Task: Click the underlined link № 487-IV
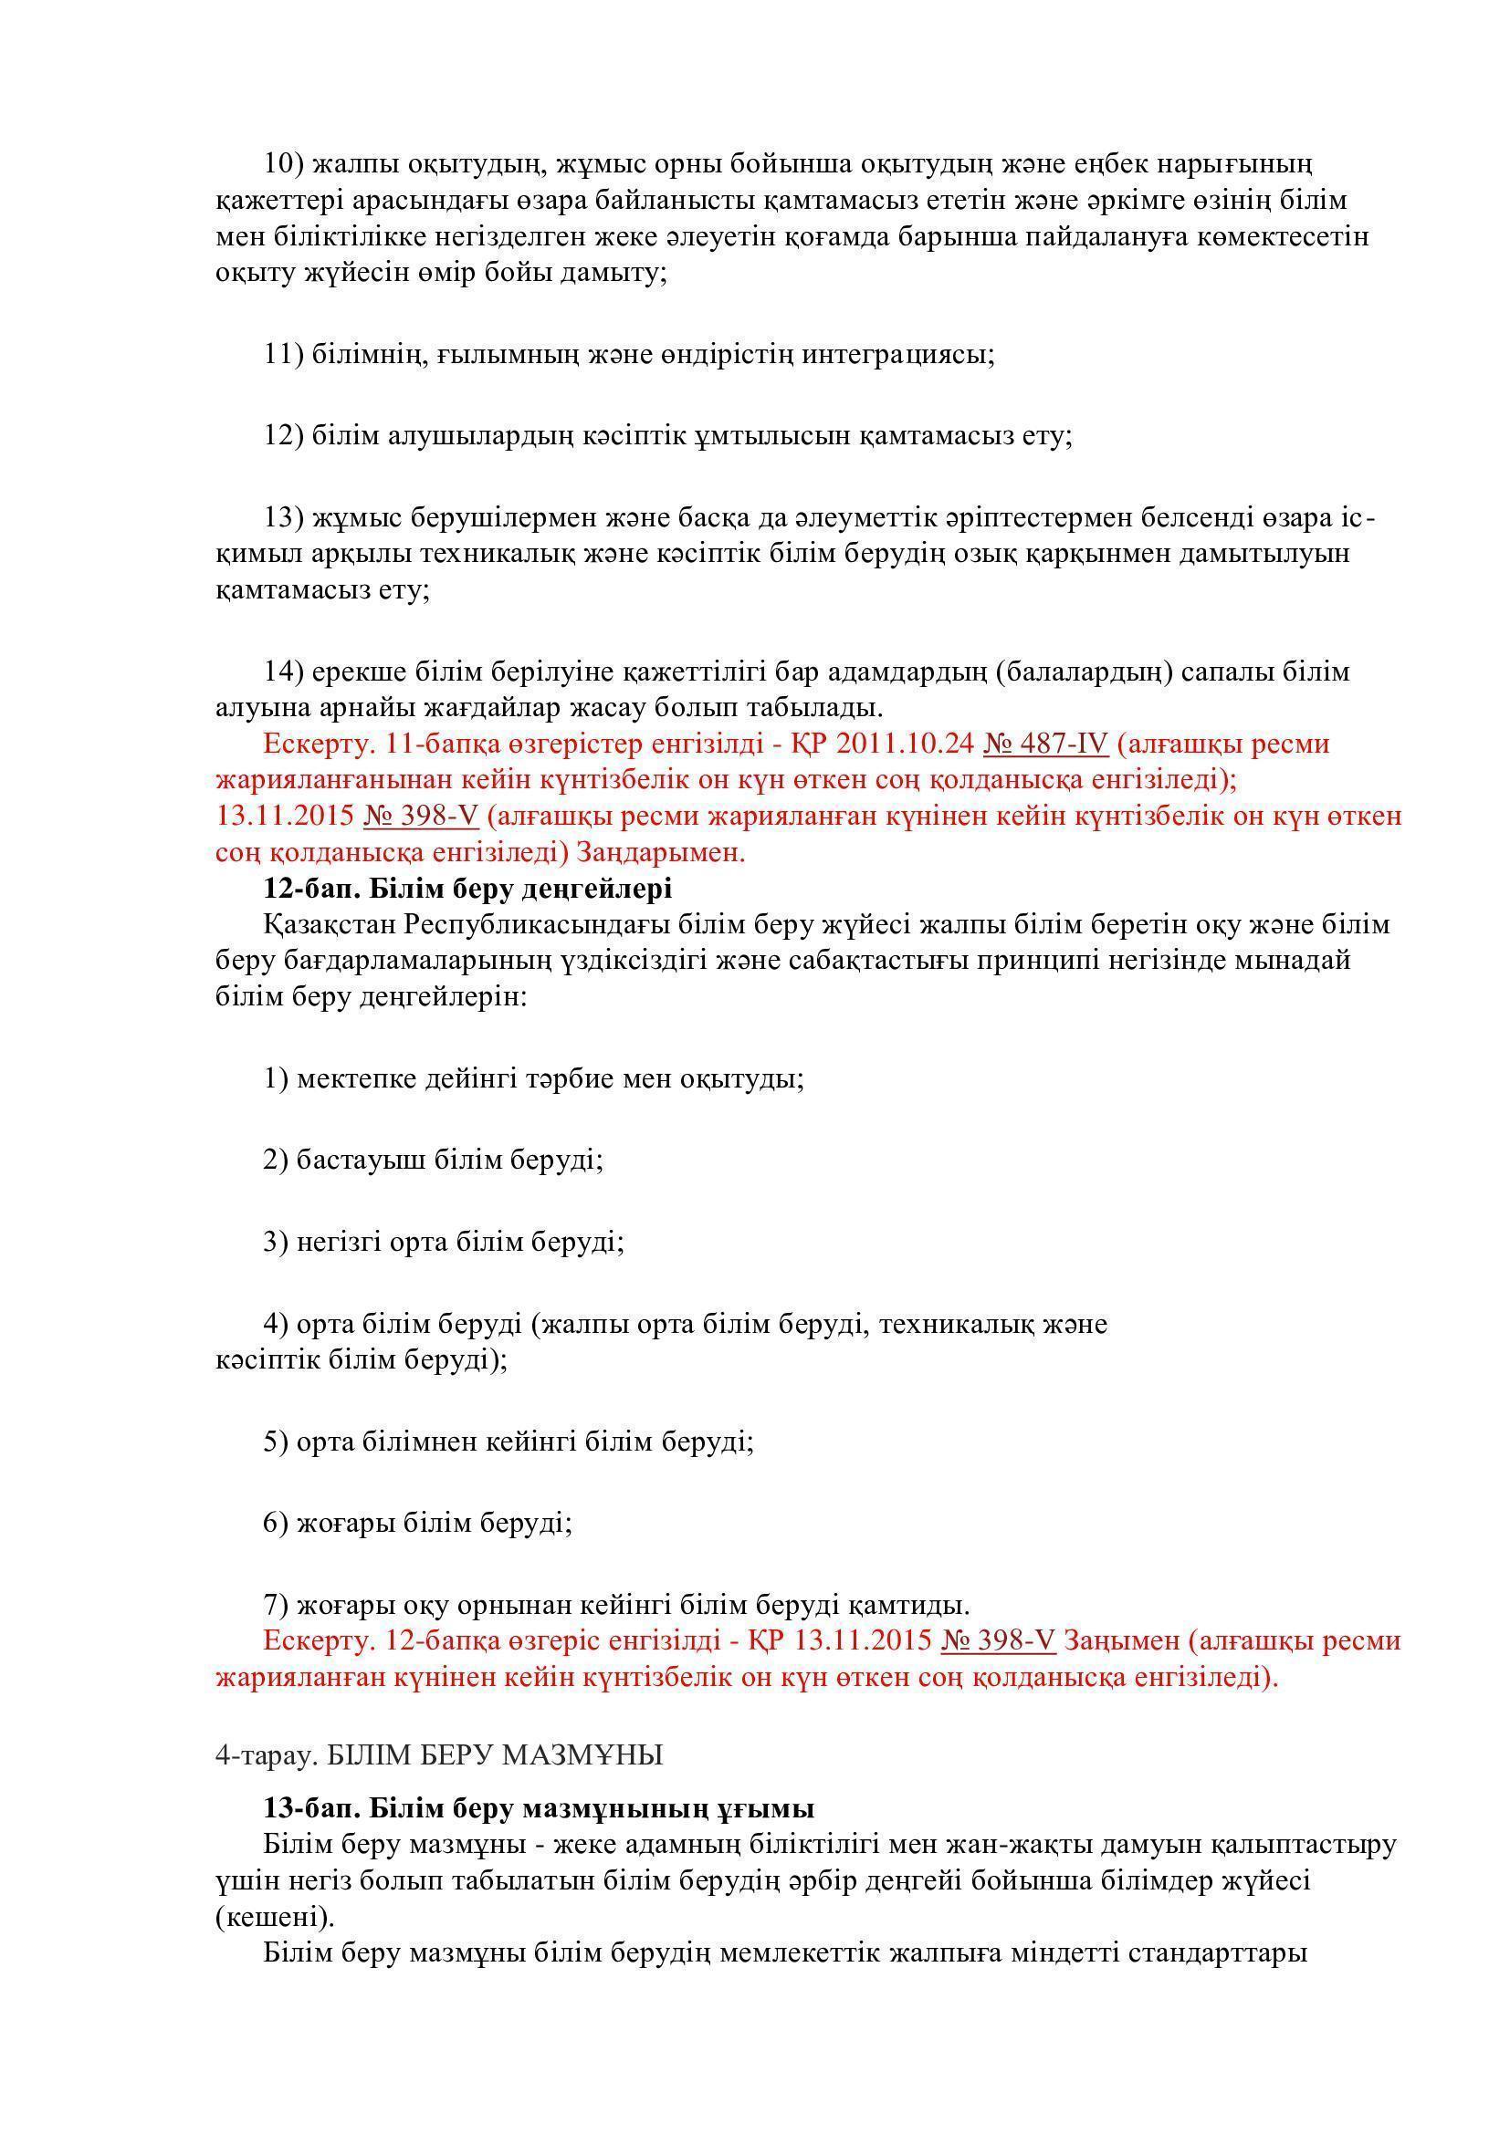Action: [1045, 744]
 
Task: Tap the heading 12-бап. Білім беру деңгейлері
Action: [467, 889]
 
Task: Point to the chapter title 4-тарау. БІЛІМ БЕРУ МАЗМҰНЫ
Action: [439, 1754]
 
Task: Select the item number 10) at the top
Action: [285, 163]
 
